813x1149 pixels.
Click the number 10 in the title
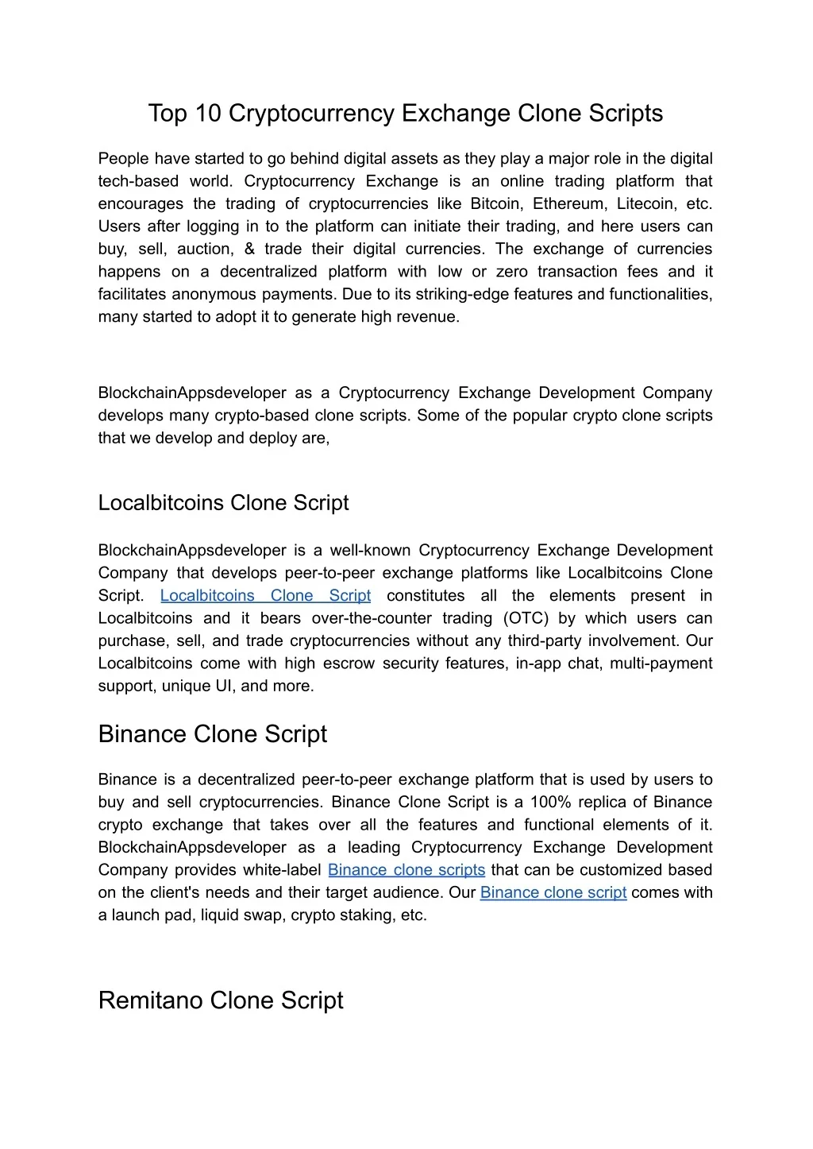(209, 114)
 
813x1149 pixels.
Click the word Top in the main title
(166, 114)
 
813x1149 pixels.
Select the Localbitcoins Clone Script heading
(223, 503)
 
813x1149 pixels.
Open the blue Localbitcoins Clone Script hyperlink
(265, 595)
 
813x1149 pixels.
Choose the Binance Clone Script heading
(212, 733)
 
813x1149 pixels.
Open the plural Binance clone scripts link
(406, 869)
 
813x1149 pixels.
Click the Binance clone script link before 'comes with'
(553, 892)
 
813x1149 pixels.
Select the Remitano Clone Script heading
(221, 1000)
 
